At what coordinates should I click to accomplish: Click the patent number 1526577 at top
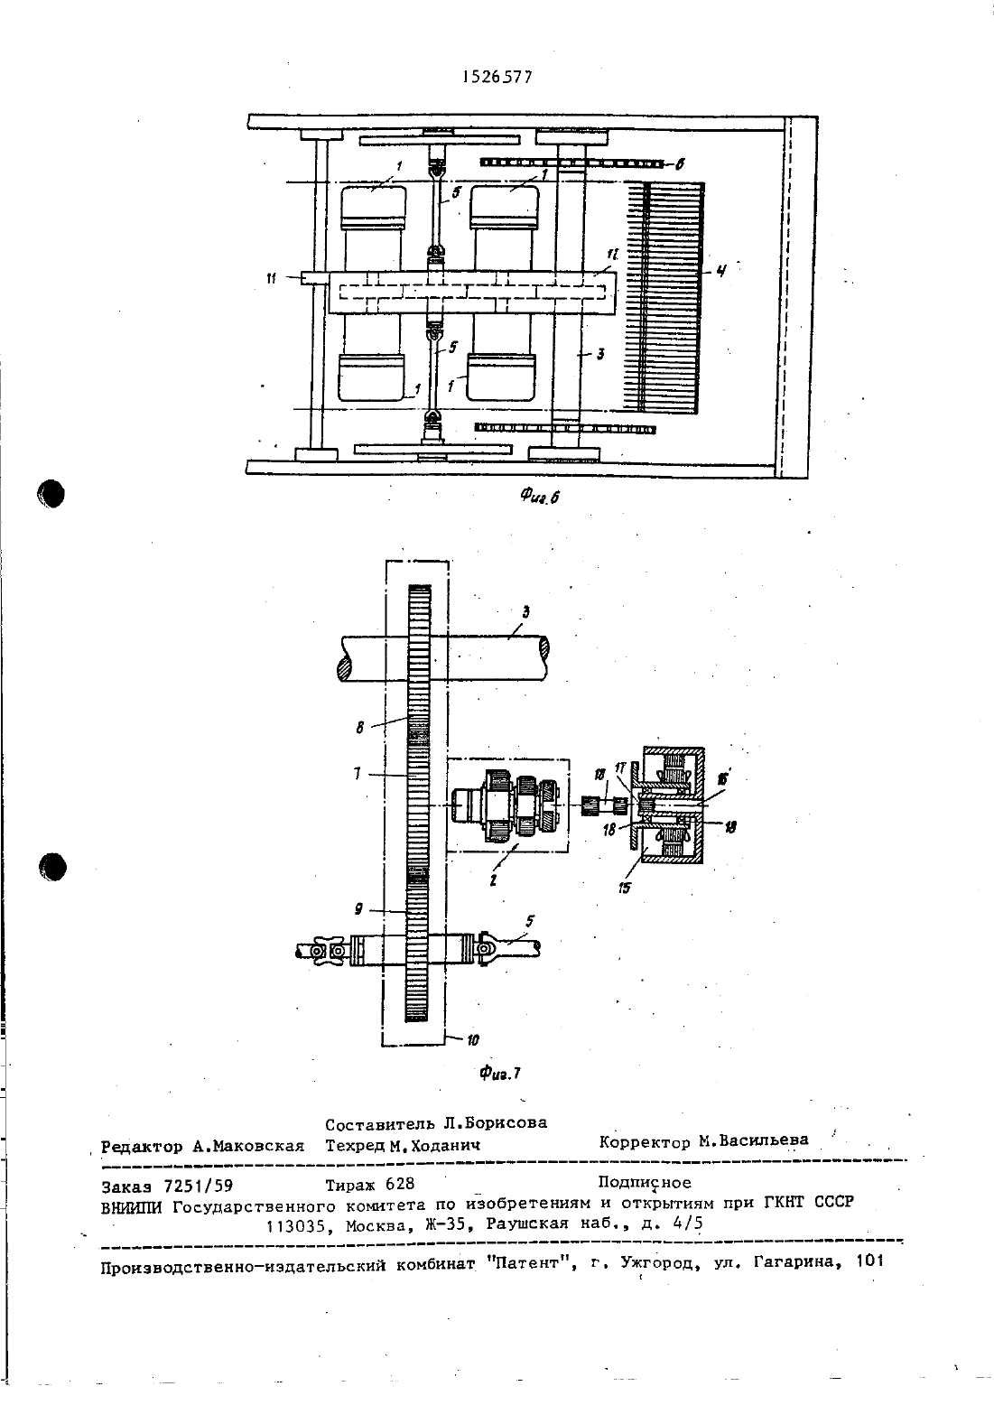pos(497,77)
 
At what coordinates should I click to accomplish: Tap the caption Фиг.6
pos(539,497)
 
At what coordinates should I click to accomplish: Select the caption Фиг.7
pos(500,1074)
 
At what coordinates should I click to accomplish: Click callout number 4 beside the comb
pos(722,272)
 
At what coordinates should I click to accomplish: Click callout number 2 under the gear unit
pos(494,880)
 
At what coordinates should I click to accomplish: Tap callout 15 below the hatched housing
pos(624,889)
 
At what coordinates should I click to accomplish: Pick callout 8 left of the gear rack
pos(360,728)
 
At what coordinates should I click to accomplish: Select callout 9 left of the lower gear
pos(358,909)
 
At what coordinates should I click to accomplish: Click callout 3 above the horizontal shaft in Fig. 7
pos(525,612)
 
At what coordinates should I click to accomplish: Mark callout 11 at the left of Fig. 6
pos(271,278)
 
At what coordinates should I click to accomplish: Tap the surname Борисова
pos(506,1122)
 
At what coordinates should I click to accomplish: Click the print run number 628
pos(400,1184)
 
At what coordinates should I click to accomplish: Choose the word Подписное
pos(645,1182)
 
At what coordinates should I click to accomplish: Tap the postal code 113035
pos(297,1225)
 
